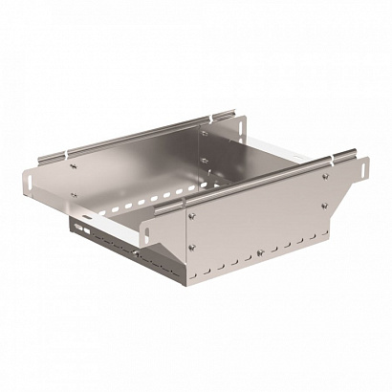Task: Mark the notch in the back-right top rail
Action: coord(205,119)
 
